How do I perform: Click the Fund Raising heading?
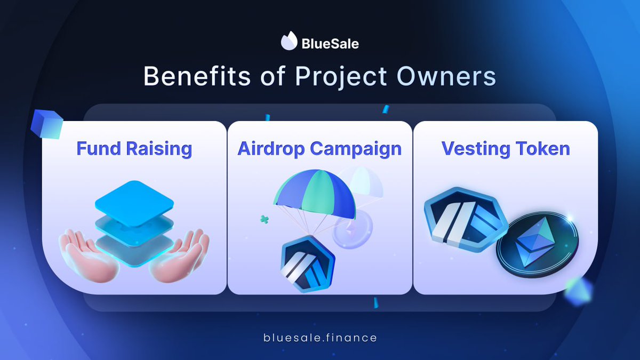pos(134,148)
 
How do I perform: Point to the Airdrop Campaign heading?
pos(319,148)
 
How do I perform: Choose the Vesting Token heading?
pos(505,148)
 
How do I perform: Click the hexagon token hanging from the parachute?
pos(303,264)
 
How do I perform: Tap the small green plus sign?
pos(263,219)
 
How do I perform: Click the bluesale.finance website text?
pos(320,338)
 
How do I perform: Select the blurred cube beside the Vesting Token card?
pos(578,291)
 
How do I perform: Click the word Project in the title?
pos(341,77)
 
